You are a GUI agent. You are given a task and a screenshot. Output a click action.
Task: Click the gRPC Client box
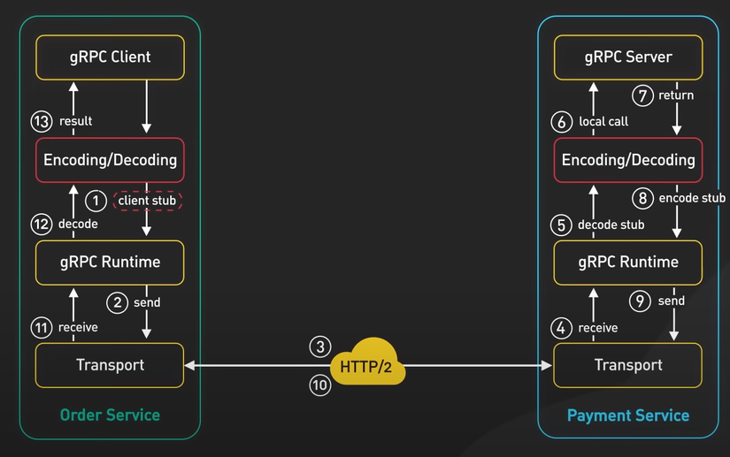click(x=110, y=57)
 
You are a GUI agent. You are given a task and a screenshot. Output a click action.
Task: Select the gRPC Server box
click(x=628, y=57)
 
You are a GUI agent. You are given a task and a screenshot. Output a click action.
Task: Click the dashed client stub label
click(x=148, y=201)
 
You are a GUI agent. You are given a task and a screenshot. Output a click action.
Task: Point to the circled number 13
click(x=42, y=121)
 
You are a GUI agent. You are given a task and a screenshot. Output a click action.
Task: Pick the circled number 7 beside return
click(x=643, y=95)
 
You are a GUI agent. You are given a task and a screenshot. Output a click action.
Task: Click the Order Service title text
click(x=110, y=415)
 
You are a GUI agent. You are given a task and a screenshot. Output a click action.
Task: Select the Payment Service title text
click(x=628, y=415)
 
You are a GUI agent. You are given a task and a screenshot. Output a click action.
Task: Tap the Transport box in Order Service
click(x=110, y=364)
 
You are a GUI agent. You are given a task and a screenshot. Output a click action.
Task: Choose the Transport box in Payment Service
click(x=628, y=365)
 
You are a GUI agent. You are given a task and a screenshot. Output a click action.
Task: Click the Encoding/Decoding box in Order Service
click(x=110, y=161)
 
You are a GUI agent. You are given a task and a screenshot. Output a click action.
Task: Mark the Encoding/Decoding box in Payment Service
click(x=628, y=161)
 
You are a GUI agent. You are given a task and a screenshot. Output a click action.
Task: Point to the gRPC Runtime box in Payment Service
click(x=628, y=262)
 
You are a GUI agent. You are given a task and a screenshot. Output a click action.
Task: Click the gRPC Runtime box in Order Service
click(x=110, y=262)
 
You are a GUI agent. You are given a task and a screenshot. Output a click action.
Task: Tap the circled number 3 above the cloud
click(x=319, y=346)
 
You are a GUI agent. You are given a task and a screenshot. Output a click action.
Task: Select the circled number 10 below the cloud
click(x=319, y=385)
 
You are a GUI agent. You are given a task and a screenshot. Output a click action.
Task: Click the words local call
click(x=603, y=121)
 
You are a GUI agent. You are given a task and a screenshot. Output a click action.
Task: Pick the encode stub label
click(x=692, y=198)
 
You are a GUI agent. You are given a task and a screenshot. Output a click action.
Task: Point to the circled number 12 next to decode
click(x=42, y=224)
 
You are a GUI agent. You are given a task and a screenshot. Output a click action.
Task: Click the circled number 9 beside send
click(x=643, y=301)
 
